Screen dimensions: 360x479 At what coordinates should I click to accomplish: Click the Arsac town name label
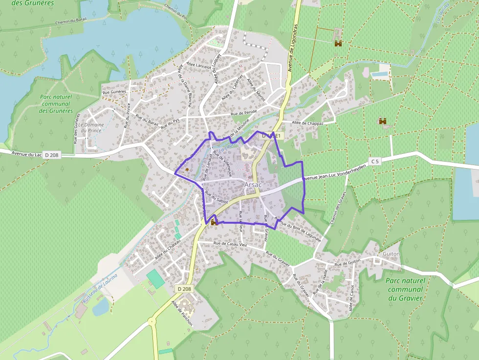coord(253,185)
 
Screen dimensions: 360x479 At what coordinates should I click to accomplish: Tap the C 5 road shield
coord(375,161)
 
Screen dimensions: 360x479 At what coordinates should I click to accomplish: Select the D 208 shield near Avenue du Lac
coord(51,155)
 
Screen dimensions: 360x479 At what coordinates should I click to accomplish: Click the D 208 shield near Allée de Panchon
coord(185,289)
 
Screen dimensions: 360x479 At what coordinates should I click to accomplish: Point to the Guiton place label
coord(392,254)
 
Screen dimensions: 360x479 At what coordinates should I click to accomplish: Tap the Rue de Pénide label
coord(244,113)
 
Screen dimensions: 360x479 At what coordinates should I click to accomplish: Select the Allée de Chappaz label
coord(307,123)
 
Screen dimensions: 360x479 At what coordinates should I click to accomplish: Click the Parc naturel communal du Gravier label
coord(405,289)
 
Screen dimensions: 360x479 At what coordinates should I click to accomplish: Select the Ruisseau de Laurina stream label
coord(101,288)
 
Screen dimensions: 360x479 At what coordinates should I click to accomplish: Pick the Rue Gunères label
coord(114,91)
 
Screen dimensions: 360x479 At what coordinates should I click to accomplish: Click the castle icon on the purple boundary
coord(214,222)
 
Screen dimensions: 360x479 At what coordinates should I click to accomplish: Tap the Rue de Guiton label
coord(347,264)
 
